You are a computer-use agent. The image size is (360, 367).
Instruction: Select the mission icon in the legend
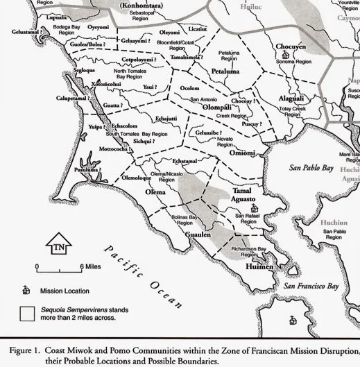26,289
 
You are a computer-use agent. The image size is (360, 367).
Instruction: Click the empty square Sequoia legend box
26,315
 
